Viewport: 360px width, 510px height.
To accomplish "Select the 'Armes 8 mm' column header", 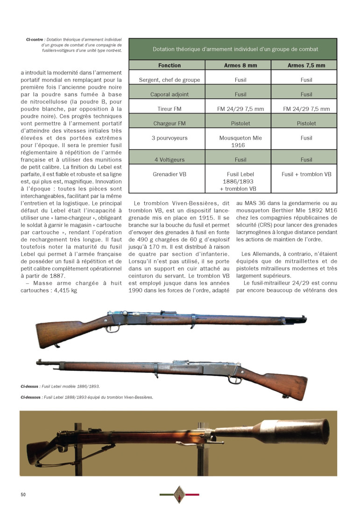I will click(240, 65).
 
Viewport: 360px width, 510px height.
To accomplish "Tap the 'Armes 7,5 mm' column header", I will click(306, 65).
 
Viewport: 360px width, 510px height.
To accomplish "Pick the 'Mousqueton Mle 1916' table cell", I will click(240, 142).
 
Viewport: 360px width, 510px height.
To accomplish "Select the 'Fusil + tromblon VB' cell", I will click(306, 174).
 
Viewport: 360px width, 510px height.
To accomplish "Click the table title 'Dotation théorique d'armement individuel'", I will click(235, 49).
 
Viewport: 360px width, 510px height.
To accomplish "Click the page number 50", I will click(23, 495).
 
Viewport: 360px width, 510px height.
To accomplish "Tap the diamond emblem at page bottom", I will click(179, 494).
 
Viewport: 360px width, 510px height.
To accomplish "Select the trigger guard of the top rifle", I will click(112, 329).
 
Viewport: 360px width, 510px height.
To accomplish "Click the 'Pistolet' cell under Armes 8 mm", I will click(240, 124).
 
